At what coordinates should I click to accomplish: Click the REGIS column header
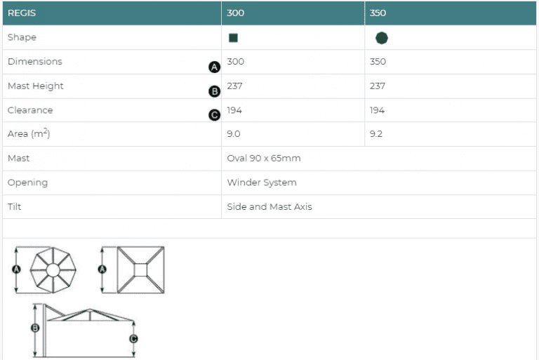22,13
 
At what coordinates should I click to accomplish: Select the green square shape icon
234,38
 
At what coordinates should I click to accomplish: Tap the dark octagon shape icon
382,38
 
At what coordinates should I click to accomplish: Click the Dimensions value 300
236,62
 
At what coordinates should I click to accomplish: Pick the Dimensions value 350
378,62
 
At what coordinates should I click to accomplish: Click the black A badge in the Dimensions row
215,67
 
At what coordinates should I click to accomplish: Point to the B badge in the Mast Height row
215,91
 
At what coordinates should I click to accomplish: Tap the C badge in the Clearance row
215,115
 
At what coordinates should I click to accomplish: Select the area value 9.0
234,134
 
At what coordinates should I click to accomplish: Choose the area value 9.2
376,134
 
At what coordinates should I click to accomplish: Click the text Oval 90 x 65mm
264,158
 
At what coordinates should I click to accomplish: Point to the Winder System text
262,182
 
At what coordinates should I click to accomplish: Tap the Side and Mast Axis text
269,206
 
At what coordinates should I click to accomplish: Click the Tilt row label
15,206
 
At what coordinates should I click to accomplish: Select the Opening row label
27,182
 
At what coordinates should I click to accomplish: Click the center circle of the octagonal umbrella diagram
53,270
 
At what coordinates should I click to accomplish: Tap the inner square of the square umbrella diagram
140,270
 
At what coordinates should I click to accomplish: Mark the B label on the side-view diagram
35,328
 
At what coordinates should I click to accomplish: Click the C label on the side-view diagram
133,339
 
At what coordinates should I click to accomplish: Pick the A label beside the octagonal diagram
16,269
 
